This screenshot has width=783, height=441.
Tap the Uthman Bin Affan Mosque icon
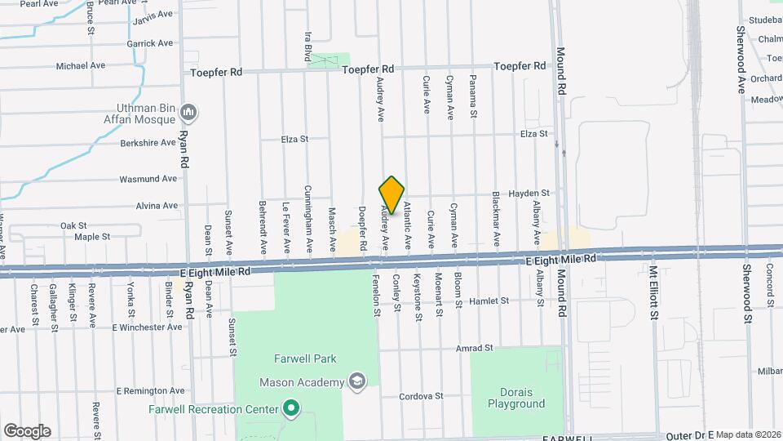point(189,111)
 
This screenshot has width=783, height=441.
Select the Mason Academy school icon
point(356,381)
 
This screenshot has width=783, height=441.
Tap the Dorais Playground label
point(515,398)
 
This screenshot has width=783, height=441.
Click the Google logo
point(27,431)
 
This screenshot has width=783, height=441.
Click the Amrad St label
point(475,348)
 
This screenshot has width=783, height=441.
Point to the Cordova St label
point(421,396)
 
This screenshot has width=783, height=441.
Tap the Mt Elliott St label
point(653,291)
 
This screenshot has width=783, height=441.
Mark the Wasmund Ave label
point(148,179)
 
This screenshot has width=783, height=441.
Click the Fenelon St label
point(377,295)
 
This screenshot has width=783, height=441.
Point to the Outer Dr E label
point(689,435)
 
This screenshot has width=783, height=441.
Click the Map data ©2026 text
point(748,434)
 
